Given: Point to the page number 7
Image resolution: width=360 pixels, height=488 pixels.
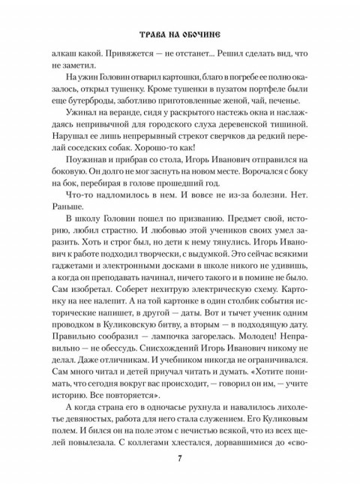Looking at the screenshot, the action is pos(180,459).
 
